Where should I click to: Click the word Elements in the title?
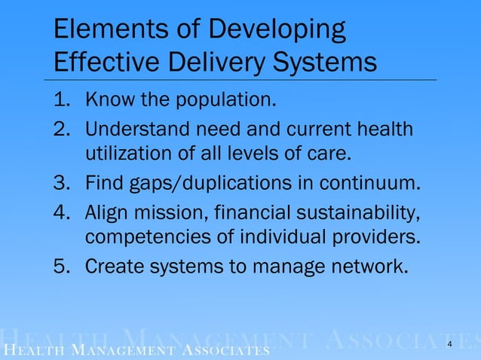(x=98, y=31)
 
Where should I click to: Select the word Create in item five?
(x=115, y=266)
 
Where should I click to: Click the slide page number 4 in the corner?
(x=450, y=344)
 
